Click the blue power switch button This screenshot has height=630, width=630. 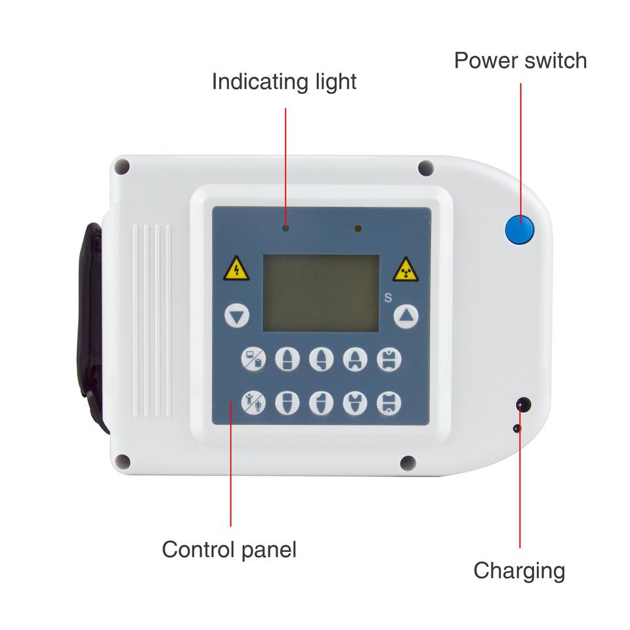tap(519, 230)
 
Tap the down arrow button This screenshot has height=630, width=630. tap(237, 316)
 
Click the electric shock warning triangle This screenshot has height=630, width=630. tap(236, 269)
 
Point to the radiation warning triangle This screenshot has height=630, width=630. tap(406, 269)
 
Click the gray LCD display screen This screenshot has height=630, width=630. tap(321, 293)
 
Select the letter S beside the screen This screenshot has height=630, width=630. tap(388, 297)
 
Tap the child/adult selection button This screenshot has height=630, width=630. tap(253, 401)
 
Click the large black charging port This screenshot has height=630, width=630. tap(523, 404)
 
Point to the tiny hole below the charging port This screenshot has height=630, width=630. tap(517, 429)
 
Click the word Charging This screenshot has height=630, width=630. tap(518, 570)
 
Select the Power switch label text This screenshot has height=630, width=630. tap(520, 60)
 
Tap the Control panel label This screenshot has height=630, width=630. tap(229, 549)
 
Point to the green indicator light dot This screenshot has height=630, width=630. tap(286, 228)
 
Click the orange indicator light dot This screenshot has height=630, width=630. tap(358, 228)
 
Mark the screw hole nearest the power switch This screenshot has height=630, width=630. tap(425, 168)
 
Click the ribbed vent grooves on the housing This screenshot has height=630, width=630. tap(152, 322)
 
